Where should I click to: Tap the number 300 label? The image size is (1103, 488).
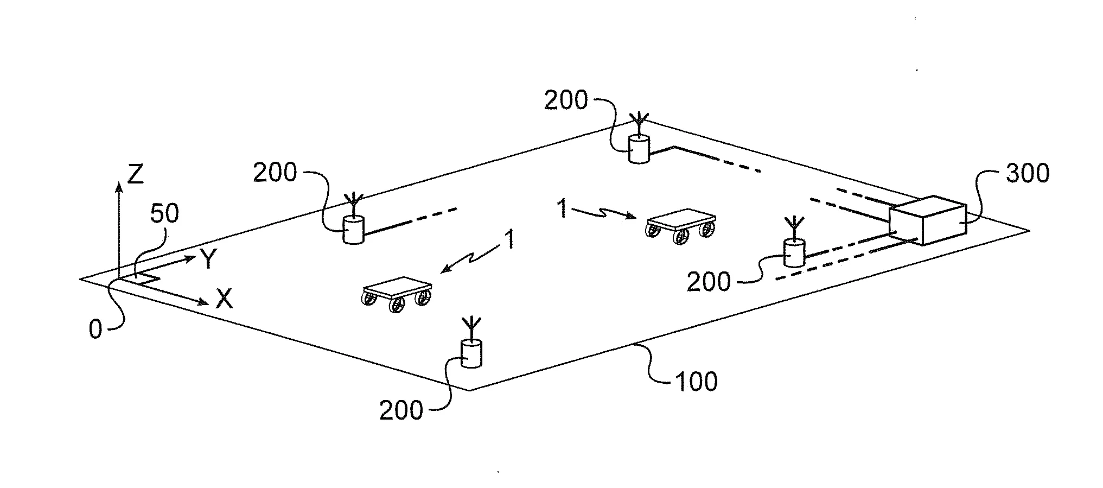coord(1027,173)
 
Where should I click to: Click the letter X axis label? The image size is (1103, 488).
coord(224,299)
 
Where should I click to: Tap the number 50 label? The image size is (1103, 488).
coord(164,214)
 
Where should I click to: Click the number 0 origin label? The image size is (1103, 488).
coord(95,329)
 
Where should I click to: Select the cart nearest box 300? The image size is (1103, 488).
coord(681,225)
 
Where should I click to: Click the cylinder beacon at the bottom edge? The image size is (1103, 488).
coord(471,353)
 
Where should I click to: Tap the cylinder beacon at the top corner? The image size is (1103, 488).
coord(639,149)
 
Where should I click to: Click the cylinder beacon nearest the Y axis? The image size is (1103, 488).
coord(353,230)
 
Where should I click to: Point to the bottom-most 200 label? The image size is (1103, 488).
coord(401,410)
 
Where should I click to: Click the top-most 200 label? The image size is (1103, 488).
coord(566,100)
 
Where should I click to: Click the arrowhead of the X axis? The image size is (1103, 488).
coord(203,302)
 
